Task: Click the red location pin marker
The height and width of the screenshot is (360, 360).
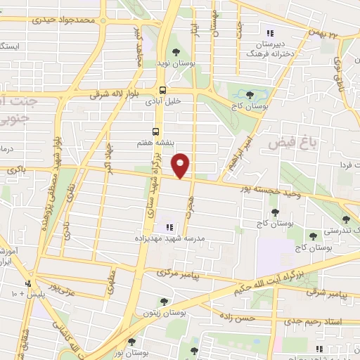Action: (x=181, y=165)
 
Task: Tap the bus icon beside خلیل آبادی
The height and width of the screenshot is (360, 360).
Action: (x=163, y=90)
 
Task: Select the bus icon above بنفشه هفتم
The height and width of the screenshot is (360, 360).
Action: (x=154, y=131)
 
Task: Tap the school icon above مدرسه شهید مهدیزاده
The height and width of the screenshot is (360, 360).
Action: (x=169, y=227)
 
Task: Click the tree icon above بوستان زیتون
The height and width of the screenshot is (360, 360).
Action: (x=164, y=302)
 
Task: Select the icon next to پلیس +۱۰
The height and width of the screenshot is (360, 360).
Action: (x=27, y=284)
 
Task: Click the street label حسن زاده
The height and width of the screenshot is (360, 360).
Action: (x=238, y=317)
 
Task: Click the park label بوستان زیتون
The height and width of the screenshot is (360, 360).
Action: (x=163, y=312)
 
